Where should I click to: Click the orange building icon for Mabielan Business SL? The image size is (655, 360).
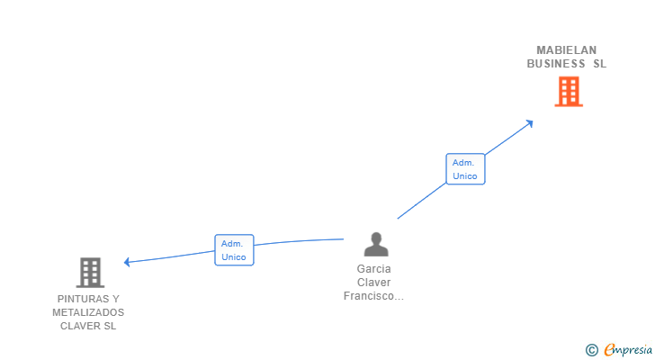(x=568, y=91)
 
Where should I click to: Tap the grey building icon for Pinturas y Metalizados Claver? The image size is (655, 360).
(x=89, y=272)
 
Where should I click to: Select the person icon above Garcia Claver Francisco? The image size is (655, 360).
(x=375, y=244)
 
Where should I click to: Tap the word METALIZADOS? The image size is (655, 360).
(x=88, y=312)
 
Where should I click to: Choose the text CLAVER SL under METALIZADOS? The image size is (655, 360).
(x=88, y=326)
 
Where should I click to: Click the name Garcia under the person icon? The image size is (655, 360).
(x=374, y=268)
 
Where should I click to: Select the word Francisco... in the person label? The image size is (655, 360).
(x=374, y=295)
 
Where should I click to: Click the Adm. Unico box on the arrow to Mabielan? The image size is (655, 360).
(x=465, y=169)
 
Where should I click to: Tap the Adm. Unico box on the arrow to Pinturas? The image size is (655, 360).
(x=234, y=250)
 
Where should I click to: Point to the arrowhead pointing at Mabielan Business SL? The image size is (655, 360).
(x=530, y=122)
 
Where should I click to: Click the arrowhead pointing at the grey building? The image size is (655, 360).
(x=128, y=262)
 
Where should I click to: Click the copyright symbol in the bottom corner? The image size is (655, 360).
(x=591, y=350)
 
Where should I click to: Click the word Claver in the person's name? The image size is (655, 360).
(x=374, y=282)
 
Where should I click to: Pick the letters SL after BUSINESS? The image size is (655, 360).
(x=599, y=64)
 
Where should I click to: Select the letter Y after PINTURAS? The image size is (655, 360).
(x=115, y=299)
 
